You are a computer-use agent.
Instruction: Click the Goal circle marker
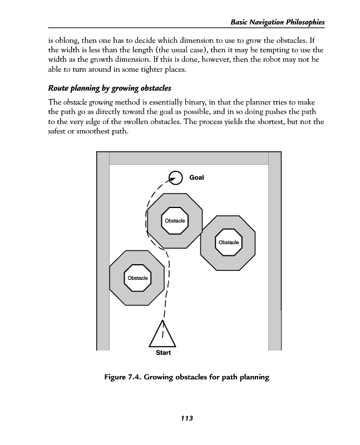175,177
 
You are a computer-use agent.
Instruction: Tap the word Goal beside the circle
196,178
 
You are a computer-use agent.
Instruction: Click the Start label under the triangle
163,353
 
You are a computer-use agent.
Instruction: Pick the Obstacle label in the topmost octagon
175,221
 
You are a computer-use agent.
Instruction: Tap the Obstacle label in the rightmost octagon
228,242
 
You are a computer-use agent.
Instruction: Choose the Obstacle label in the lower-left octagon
137,278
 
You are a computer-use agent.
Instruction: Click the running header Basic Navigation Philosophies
277,21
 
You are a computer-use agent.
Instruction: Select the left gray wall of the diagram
103,250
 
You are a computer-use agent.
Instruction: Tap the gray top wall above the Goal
189,159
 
